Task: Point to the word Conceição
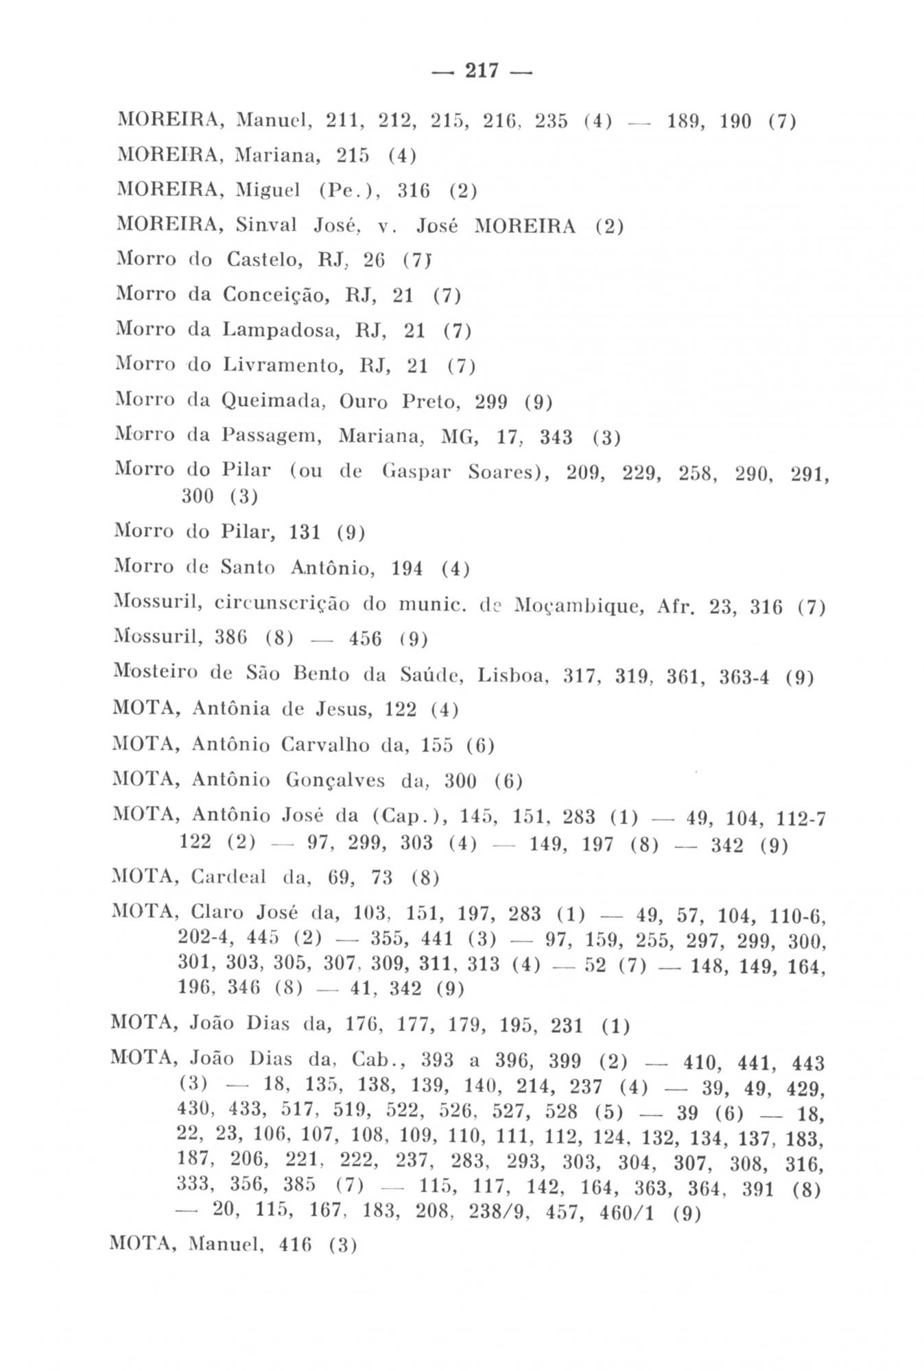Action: [x=279, y=296]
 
